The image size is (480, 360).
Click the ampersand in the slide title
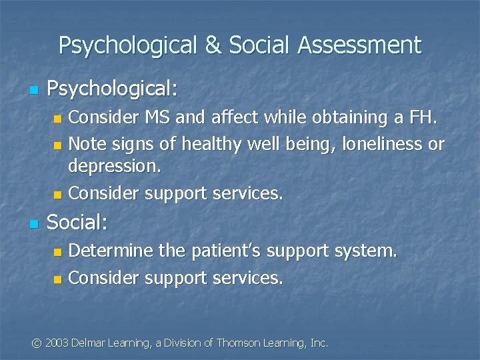click(213, 45)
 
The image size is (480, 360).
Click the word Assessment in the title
click(359, 45)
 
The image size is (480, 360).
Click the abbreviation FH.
click(424, 118)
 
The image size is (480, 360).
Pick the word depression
click(115, 167)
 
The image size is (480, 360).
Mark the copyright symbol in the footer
click(37, 343)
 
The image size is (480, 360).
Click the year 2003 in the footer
click(57, 343)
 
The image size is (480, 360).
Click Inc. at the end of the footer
click(319, 343)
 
